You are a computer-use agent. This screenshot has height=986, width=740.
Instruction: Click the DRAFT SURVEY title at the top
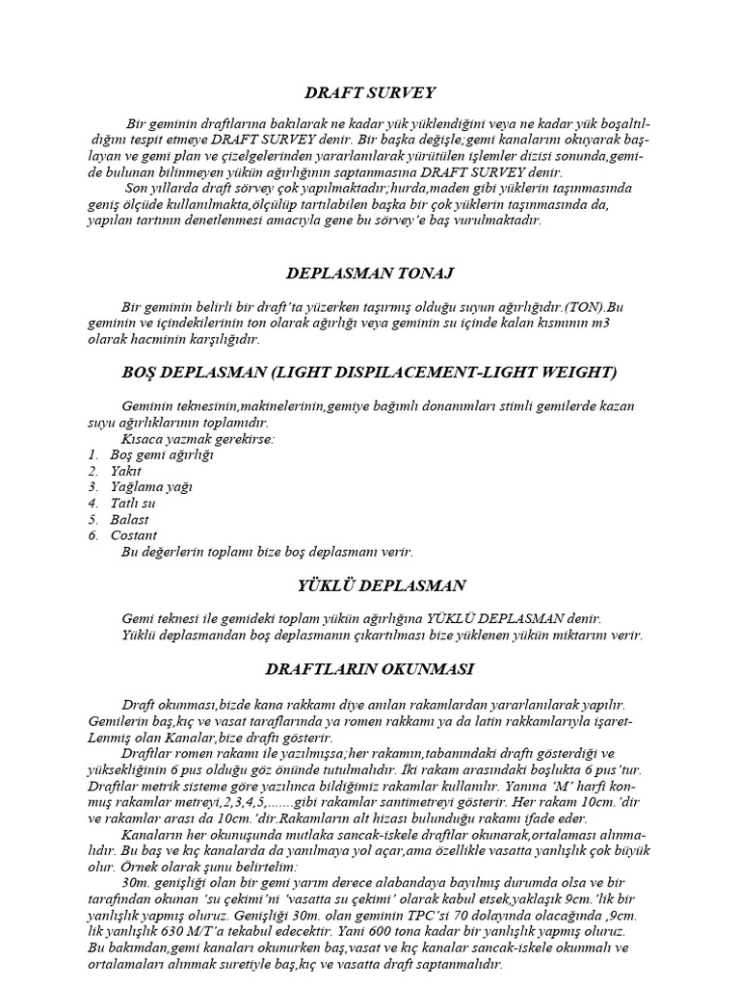pos(369,92)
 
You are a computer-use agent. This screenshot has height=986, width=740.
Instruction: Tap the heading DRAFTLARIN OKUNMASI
pos(369,667)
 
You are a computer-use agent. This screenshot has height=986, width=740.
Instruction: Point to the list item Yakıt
pos(126,471)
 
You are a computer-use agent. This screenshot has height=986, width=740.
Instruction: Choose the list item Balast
pos(130,519)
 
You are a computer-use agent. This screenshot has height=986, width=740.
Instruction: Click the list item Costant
pos(134,535)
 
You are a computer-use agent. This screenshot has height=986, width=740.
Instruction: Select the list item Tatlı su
pos(132,503)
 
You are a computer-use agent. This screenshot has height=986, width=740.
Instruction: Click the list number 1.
pos(92,454)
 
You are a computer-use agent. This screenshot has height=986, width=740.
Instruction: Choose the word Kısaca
pos(142,438)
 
